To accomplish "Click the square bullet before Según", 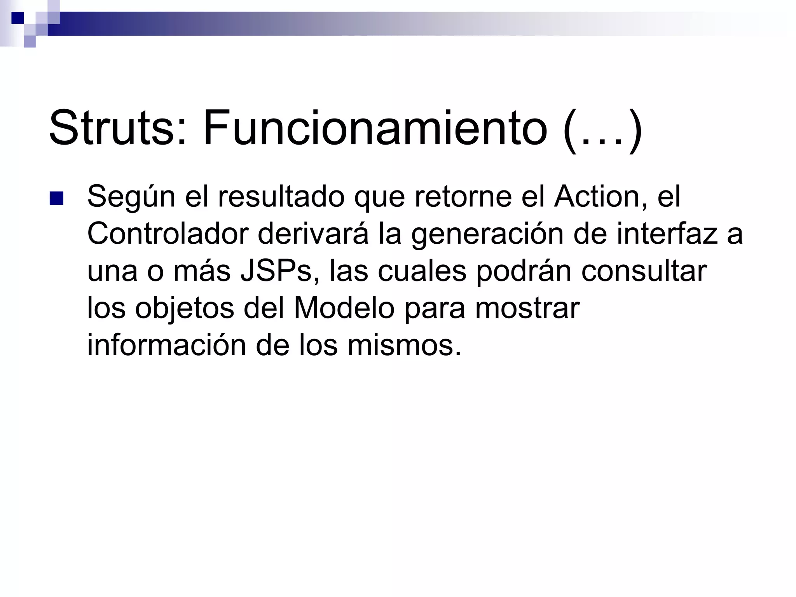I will click(57, 199).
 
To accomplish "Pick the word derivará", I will click(313, 234).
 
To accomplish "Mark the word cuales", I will click(422, 272).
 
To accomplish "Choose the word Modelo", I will click(344, 309).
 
